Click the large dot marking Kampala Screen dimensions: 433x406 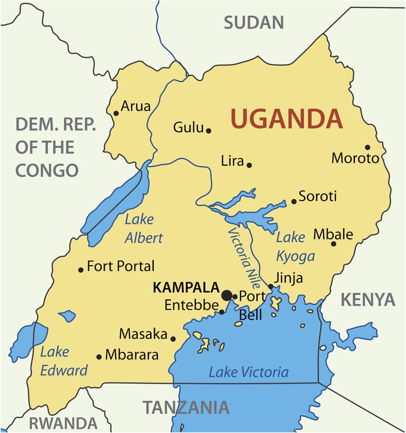click(x=227, y=295)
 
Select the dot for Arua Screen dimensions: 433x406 click(x=116, y=113)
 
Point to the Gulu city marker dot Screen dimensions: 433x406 click(x=209, y=131)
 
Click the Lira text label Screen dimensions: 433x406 click(x=232, y=161)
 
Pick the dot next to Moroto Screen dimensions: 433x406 click(x=367, y=147)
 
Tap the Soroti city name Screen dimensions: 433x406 click(x=318, y=196)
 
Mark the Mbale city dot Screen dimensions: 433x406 click(x=333, y=244)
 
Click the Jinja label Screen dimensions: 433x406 click(x=288, y=278)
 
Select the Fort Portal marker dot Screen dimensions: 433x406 click(x=81, y=269)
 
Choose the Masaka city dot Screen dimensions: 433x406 click(x=173, y=338)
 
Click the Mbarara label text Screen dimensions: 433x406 click(x=131, y=354)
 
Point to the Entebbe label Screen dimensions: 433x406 click(x=191, y=306)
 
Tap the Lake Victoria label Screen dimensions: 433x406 click(x=248, y=372)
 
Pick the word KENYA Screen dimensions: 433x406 click(x=367, y=300)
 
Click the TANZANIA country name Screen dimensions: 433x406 click(x=185, y=408)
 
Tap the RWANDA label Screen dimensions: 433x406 click(x=62, y=423)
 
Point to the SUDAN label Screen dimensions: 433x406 click(x=253, y=22)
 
